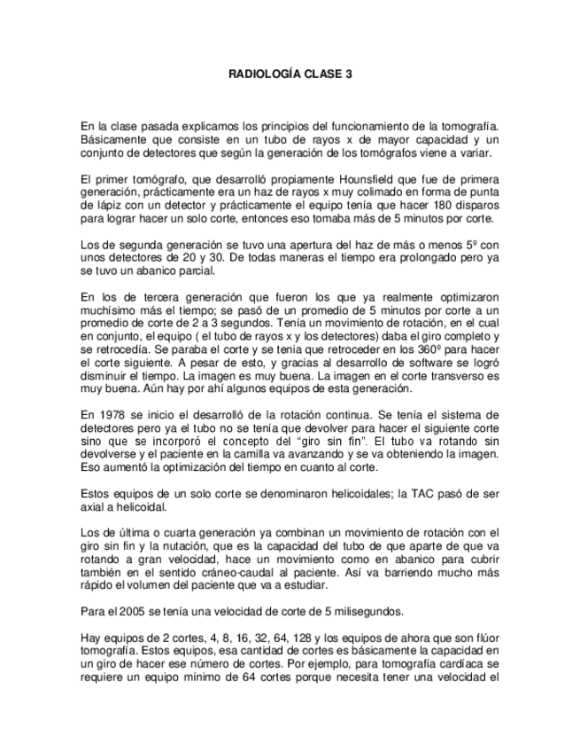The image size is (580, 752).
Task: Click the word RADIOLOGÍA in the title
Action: [x=262, y=75]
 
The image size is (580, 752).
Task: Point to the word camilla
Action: [x=282, y=453]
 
